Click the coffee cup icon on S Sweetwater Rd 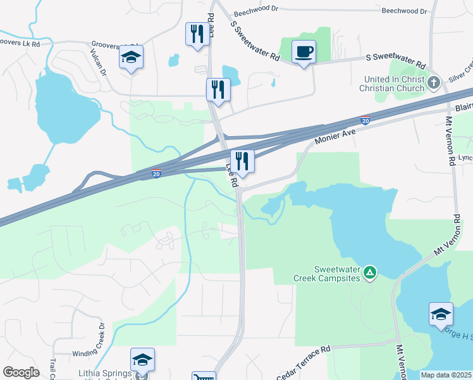pos(304,51)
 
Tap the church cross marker pos(434,82)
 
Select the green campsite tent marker pos(370,273)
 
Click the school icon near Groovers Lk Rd pos(132,58)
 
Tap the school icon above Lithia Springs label pos(143,360)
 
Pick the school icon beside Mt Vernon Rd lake pos(441,314)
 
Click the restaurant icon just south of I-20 pos(242,161)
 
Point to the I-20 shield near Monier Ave pos(365,120)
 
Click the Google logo pos(21,372)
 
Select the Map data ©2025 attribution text pos(446,375)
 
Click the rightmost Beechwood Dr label pos(404,11)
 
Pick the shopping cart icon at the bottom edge pos(204,376)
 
